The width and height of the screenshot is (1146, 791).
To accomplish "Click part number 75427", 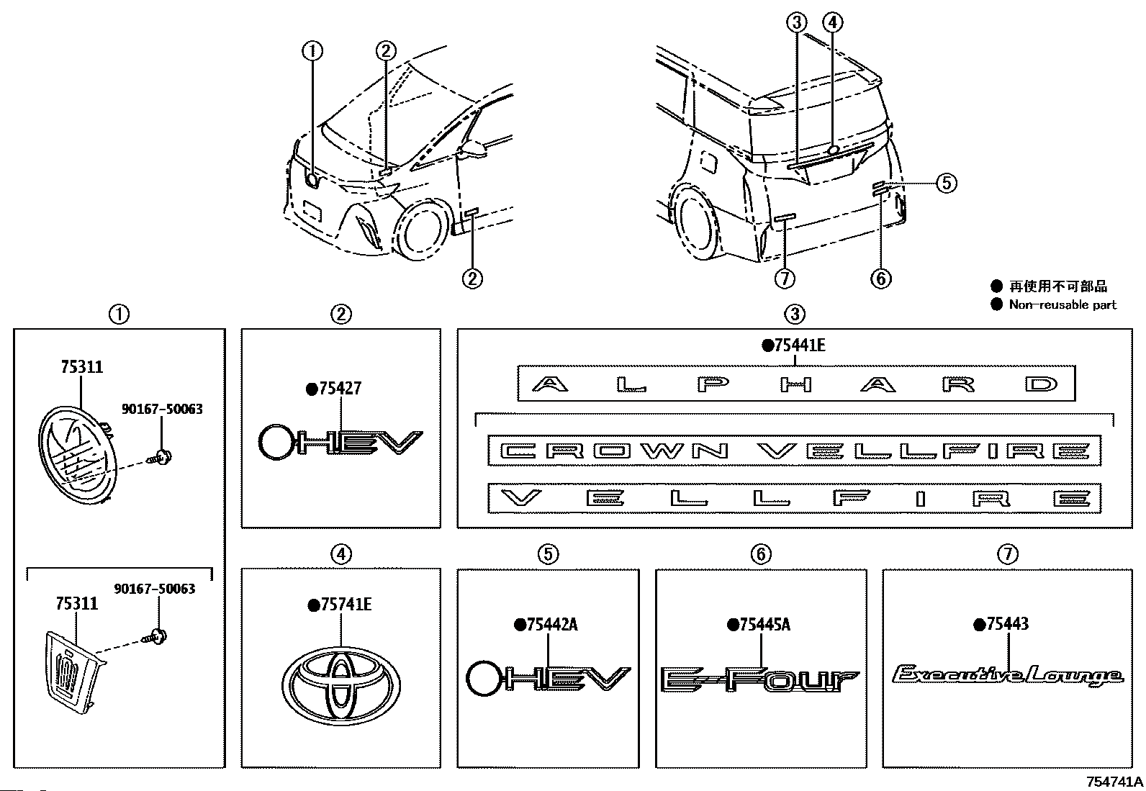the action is click(340, 389).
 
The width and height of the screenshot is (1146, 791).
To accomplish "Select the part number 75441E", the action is click(800, 345).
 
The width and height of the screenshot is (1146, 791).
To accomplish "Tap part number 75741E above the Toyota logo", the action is click(346, 605).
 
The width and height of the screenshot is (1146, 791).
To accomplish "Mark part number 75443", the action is click(1007, 624).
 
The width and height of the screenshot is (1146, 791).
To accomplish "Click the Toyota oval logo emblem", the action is click(341, 686).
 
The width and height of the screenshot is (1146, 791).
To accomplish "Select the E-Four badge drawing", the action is click(759, 679).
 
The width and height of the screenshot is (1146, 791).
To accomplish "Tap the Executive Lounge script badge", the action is click(1008, 675).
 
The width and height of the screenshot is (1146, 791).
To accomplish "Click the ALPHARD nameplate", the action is click(796, 383).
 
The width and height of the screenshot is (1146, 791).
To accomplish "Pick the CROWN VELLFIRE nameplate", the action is click(794, 451).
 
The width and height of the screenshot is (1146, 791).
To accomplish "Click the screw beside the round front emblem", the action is click(160, 457).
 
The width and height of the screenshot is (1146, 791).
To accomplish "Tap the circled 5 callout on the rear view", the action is click(947, 183).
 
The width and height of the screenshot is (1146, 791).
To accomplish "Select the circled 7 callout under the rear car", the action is click(785, 279).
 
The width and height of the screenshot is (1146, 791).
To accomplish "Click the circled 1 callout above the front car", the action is click(312, 50).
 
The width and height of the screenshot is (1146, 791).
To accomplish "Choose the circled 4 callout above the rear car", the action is click(832, 22).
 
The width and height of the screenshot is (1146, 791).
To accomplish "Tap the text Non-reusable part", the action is click(1062, 304).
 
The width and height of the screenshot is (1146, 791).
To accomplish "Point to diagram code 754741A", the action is click(1115, 781).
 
